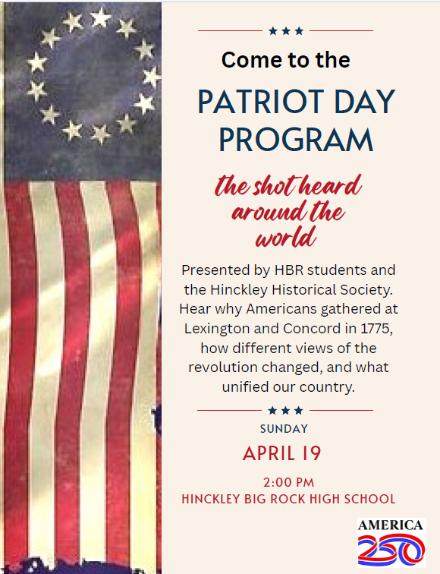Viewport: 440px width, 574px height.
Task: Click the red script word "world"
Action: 285,238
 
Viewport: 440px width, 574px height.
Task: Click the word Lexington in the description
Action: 215,329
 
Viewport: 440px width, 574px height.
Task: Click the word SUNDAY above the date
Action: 284,429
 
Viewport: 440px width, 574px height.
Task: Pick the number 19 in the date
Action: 311,454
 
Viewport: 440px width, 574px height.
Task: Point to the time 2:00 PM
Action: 288,482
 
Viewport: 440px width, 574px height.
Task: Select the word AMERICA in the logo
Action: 391,525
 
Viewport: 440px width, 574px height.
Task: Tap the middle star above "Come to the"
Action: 285,31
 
